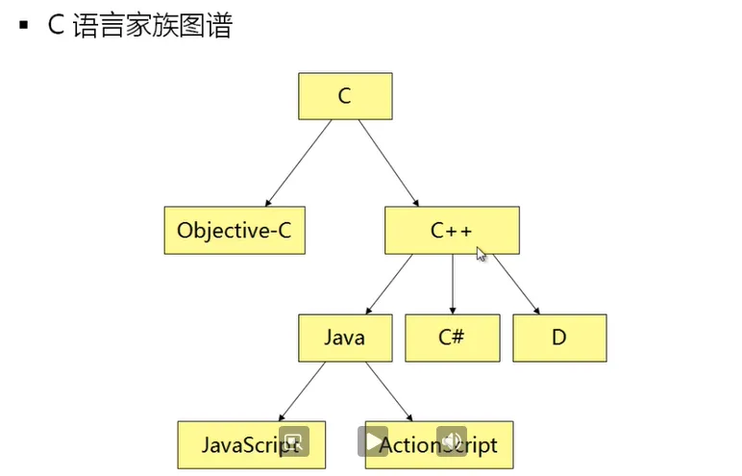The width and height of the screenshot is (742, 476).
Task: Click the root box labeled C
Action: click(345, 96)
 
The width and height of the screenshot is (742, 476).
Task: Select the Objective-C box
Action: click(235, 230)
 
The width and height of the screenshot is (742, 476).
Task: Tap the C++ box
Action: click(452, 230)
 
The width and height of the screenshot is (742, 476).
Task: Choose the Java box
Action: click(345, 338)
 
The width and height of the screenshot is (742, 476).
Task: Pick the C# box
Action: click(452, 338)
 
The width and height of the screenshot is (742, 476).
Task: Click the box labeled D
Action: click(559, 338)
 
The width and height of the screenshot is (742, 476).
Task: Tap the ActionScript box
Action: click(438, 444)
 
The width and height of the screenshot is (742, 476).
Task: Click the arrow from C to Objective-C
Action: click(299, 163)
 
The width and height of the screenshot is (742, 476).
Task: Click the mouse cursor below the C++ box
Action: click(482, 254)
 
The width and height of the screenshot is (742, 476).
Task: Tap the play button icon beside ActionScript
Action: click(373, 441)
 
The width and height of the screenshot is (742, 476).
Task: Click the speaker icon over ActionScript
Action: click(451, 440)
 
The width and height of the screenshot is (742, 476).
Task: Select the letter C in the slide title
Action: click(56, 25)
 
